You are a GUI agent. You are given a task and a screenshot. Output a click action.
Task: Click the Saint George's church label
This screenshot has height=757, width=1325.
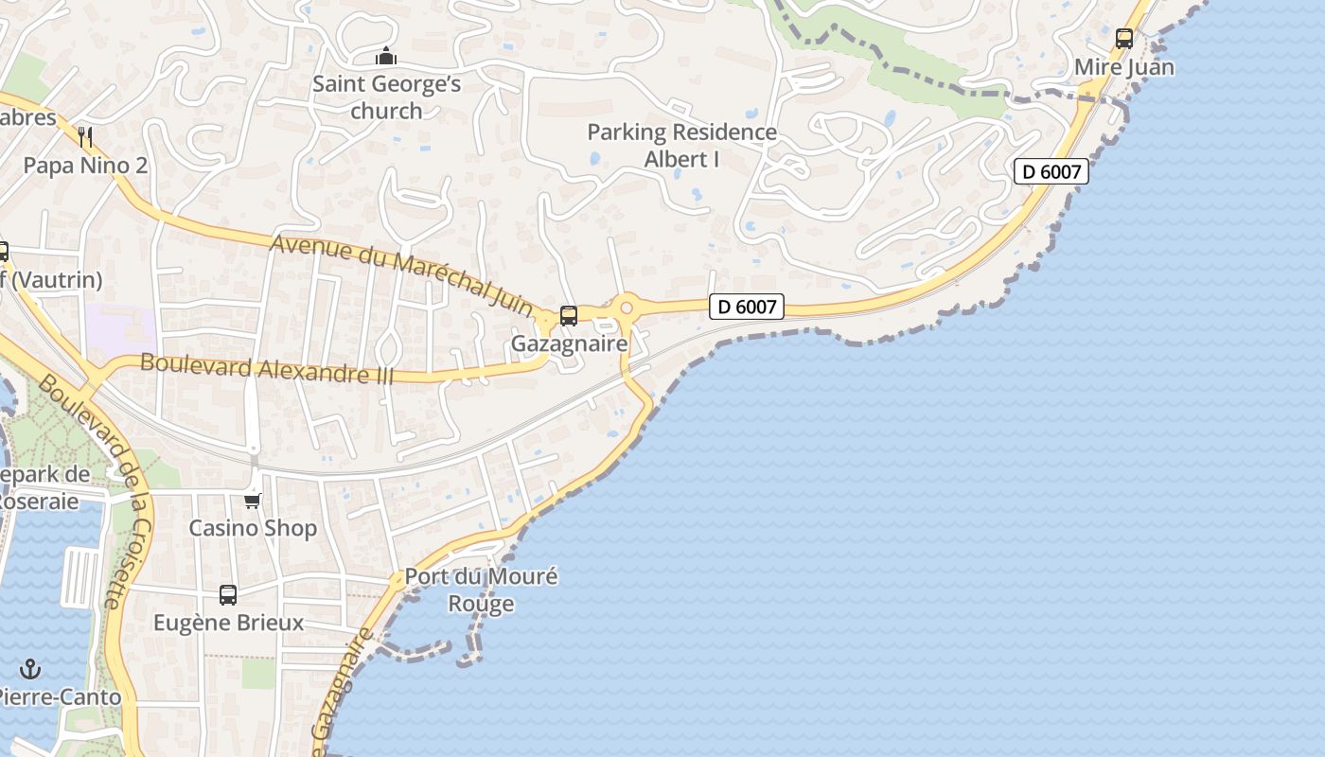coord(386,97)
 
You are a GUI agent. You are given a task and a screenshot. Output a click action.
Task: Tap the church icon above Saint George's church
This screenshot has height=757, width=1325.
coord(386,57)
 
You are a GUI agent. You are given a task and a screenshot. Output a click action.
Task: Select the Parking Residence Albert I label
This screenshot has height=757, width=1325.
coord(681,146)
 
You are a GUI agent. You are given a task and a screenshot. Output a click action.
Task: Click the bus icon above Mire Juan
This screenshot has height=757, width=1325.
coord(1124,39)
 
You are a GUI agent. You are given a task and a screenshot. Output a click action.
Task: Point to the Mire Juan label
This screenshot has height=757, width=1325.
coord(1124,67)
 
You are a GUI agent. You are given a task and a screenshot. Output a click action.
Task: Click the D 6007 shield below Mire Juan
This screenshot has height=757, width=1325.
coord(1051,171)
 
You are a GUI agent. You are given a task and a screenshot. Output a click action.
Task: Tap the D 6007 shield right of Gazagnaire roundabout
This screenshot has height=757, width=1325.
coord(747,307)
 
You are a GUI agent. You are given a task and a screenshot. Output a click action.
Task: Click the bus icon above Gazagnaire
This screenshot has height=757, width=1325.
coord(569,316)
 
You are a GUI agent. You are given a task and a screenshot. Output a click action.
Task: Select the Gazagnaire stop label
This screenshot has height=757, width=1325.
coord(569,343)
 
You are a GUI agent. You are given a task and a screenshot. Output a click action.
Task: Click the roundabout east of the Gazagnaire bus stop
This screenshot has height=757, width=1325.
coord(625,307)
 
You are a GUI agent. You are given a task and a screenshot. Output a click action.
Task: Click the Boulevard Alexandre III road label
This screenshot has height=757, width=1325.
coord(267,368)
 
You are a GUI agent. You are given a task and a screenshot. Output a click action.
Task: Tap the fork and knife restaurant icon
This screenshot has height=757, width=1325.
coord(85,137)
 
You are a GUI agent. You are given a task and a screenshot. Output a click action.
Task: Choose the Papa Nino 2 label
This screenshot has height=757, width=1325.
coord(85,166)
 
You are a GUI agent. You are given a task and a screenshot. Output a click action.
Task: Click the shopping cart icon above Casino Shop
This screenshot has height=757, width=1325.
coord(252,501)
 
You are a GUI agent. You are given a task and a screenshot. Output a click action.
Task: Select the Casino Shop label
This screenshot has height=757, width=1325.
coord(253,528)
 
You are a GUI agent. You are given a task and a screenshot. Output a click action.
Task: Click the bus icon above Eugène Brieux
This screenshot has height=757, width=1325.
coord(228,595)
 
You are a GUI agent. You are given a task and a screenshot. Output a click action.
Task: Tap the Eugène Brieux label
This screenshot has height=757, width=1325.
coord(229,623)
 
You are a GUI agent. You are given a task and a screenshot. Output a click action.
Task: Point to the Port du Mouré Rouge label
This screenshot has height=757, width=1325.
coord(481,590)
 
